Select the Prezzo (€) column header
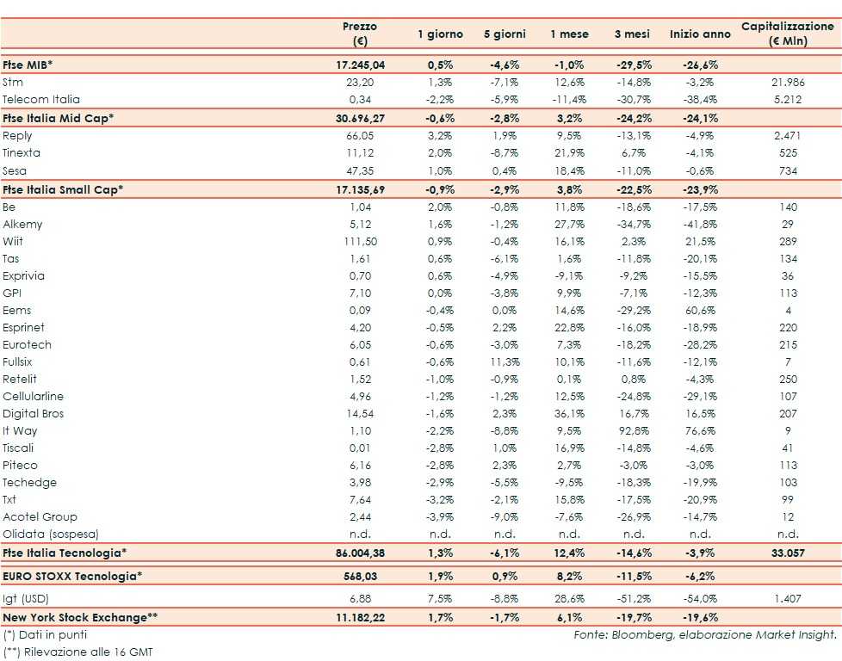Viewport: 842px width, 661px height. [359, 34]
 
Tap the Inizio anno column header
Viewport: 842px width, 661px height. [699, 34]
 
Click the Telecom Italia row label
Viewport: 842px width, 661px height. [41, 99]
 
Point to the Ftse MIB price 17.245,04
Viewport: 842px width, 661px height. [359, 65]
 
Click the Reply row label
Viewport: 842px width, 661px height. [17, 135]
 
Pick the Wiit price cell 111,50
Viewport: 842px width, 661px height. [360, 241]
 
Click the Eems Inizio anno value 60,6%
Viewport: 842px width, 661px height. [699, 310]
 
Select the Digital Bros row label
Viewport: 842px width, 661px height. [34, 413]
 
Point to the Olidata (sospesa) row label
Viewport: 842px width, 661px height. [52, 534]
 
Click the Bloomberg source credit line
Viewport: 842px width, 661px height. [704, 634]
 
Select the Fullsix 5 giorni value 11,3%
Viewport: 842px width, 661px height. [505, 361]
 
